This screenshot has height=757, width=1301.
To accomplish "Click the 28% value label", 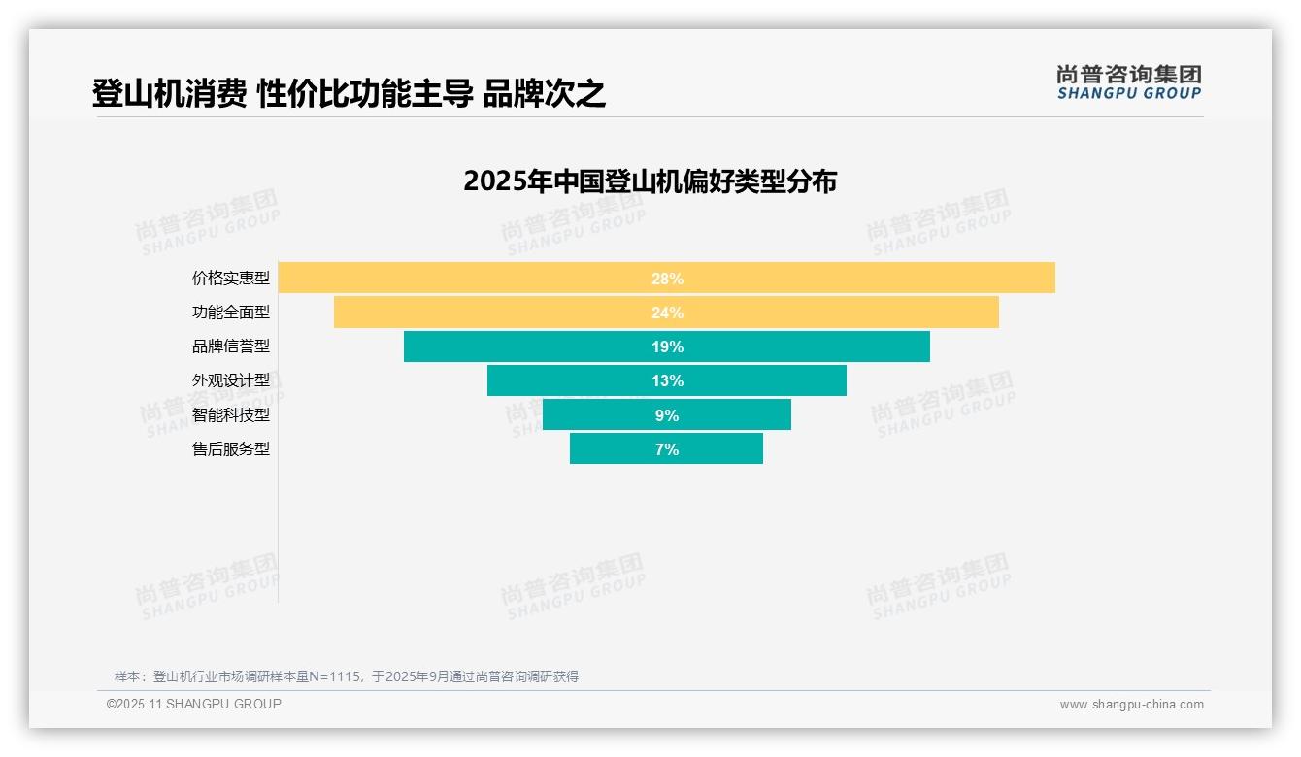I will pyautogui.click(x=667, y=279).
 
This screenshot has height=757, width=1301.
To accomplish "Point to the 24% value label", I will pyautogui.click(x=667, y=313).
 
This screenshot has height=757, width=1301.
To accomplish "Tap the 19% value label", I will pyautogui.click(x=667, y=346).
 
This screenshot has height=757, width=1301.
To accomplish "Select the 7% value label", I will pyautogui.click(x=667, y=449).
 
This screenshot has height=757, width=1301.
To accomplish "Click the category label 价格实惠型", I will pyautogui.click(x=231, y=279).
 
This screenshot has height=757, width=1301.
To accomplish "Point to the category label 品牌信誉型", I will pyautogui.click(x=231, y=346).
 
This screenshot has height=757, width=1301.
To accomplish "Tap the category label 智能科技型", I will pyautogui.click(x=231, y=414).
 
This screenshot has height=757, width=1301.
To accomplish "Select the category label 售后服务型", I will pyautogui.click(x=231, y=449).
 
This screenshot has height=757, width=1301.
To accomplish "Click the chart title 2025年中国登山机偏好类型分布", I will pyautogui.click(x=650, y=181).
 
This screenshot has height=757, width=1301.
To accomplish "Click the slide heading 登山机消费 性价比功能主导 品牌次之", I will pyautogui.click(x=349, y=94).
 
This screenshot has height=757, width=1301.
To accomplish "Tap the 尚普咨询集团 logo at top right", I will pyautogui.click(x=1128, y=82).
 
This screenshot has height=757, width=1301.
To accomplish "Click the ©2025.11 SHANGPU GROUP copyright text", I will pyautogui.click(x=194, y=704).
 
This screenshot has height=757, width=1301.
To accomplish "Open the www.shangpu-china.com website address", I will pyautogui.click(x=1131, y=705).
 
